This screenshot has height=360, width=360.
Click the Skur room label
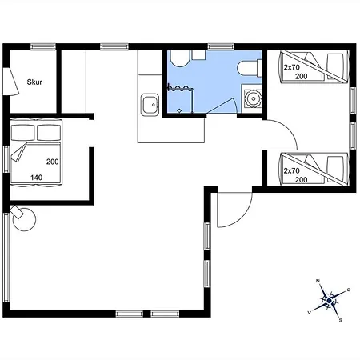[x=34, y=82]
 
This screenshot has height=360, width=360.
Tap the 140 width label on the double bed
[x=36, y=178]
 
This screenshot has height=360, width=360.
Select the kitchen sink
[x=150, y=105]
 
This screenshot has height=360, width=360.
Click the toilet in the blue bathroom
[x=250, y=68]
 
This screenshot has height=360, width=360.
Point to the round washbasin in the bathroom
[x=252, y=99]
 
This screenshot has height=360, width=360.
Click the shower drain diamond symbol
[x=180, y=110]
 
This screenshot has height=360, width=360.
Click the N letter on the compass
[x=318, y=281]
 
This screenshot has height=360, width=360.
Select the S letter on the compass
[x=341, y=320]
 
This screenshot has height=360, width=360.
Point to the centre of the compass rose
[x=329, y=301]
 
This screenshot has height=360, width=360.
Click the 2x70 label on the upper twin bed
[x=292, y=67]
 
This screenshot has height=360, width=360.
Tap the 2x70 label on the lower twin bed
[x=292, y=170]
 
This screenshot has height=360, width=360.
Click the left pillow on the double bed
[x=22, y=133]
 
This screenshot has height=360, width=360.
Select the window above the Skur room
[x=43, y=47]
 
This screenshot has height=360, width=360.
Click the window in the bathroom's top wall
[x=221, y=47]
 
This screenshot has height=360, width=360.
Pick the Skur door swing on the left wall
[x=12, y=82]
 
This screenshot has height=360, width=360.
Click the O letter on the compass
[x=349, y=290]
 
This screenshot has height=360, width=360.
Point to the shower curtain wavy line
[x=180, y=88]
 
